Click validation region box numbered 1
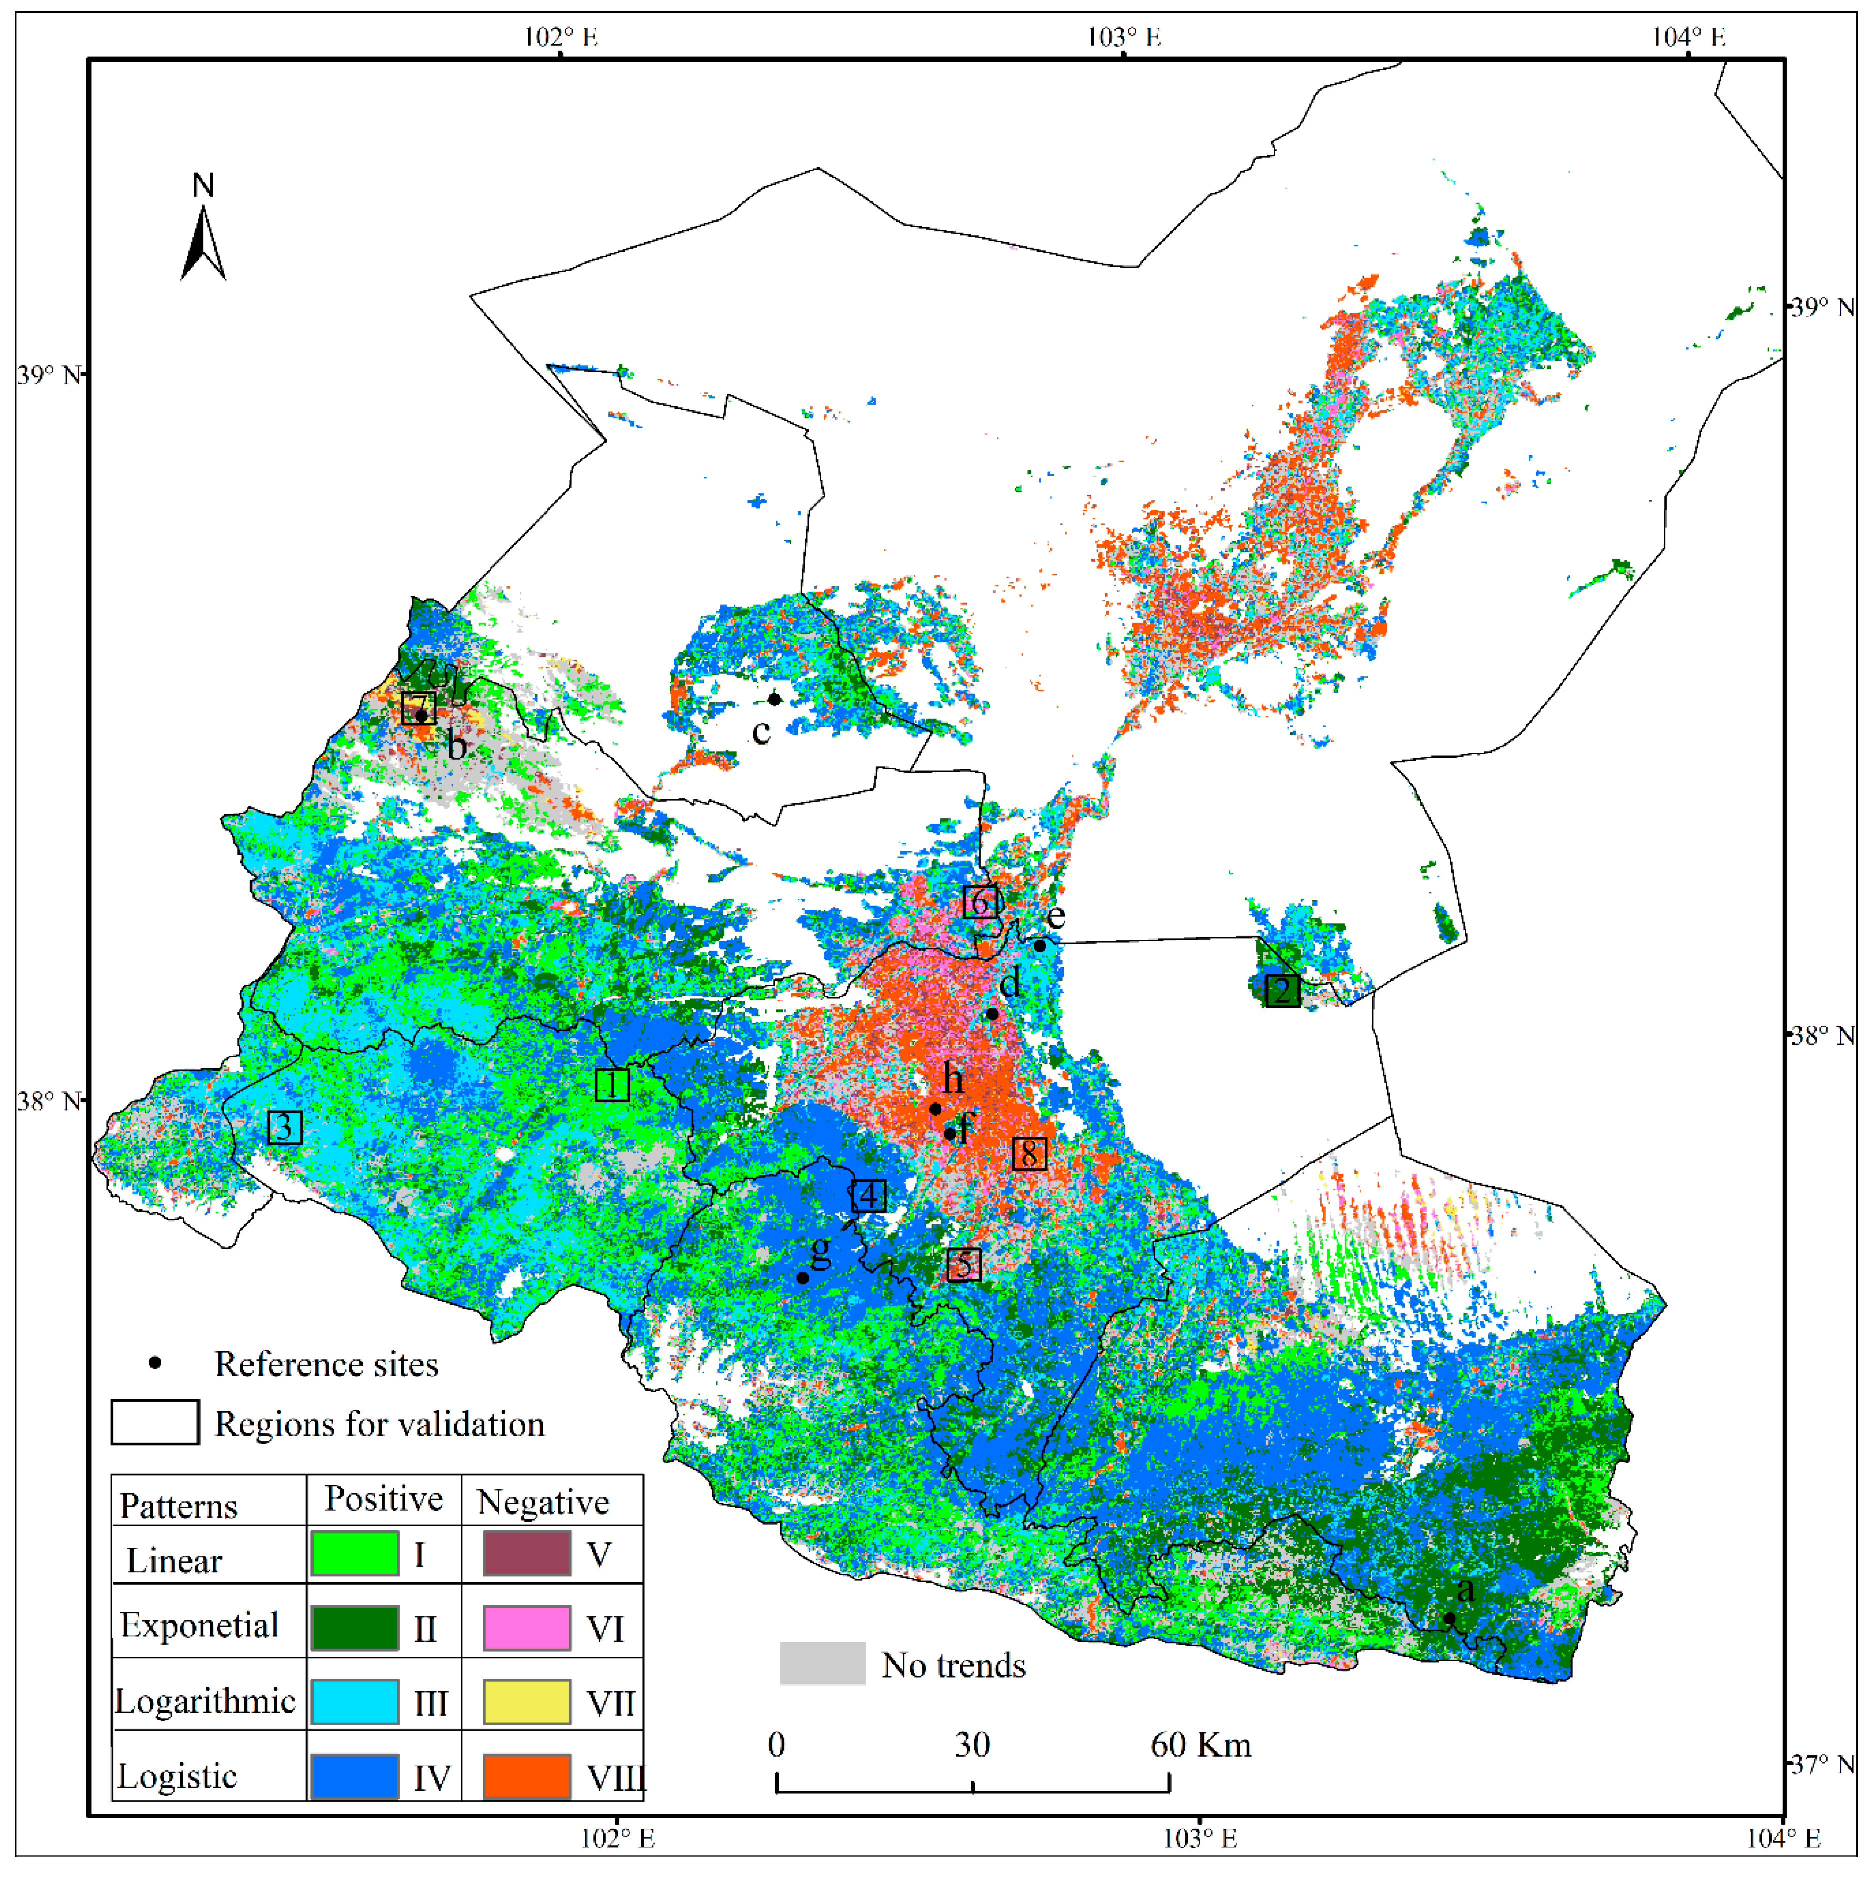coord(612,1084)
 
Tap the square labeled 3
coord(284,1127)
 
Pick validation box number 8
coord(1028,1154)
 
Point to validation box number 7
coord(418,708)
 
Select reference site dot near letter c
coord(774,699)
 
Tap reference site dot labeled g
coord(803,1278)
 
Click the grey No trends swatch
coord(822,1663)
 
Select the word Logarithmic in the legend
coord(205,1701)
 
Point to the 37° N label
coord(1821,1764)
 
